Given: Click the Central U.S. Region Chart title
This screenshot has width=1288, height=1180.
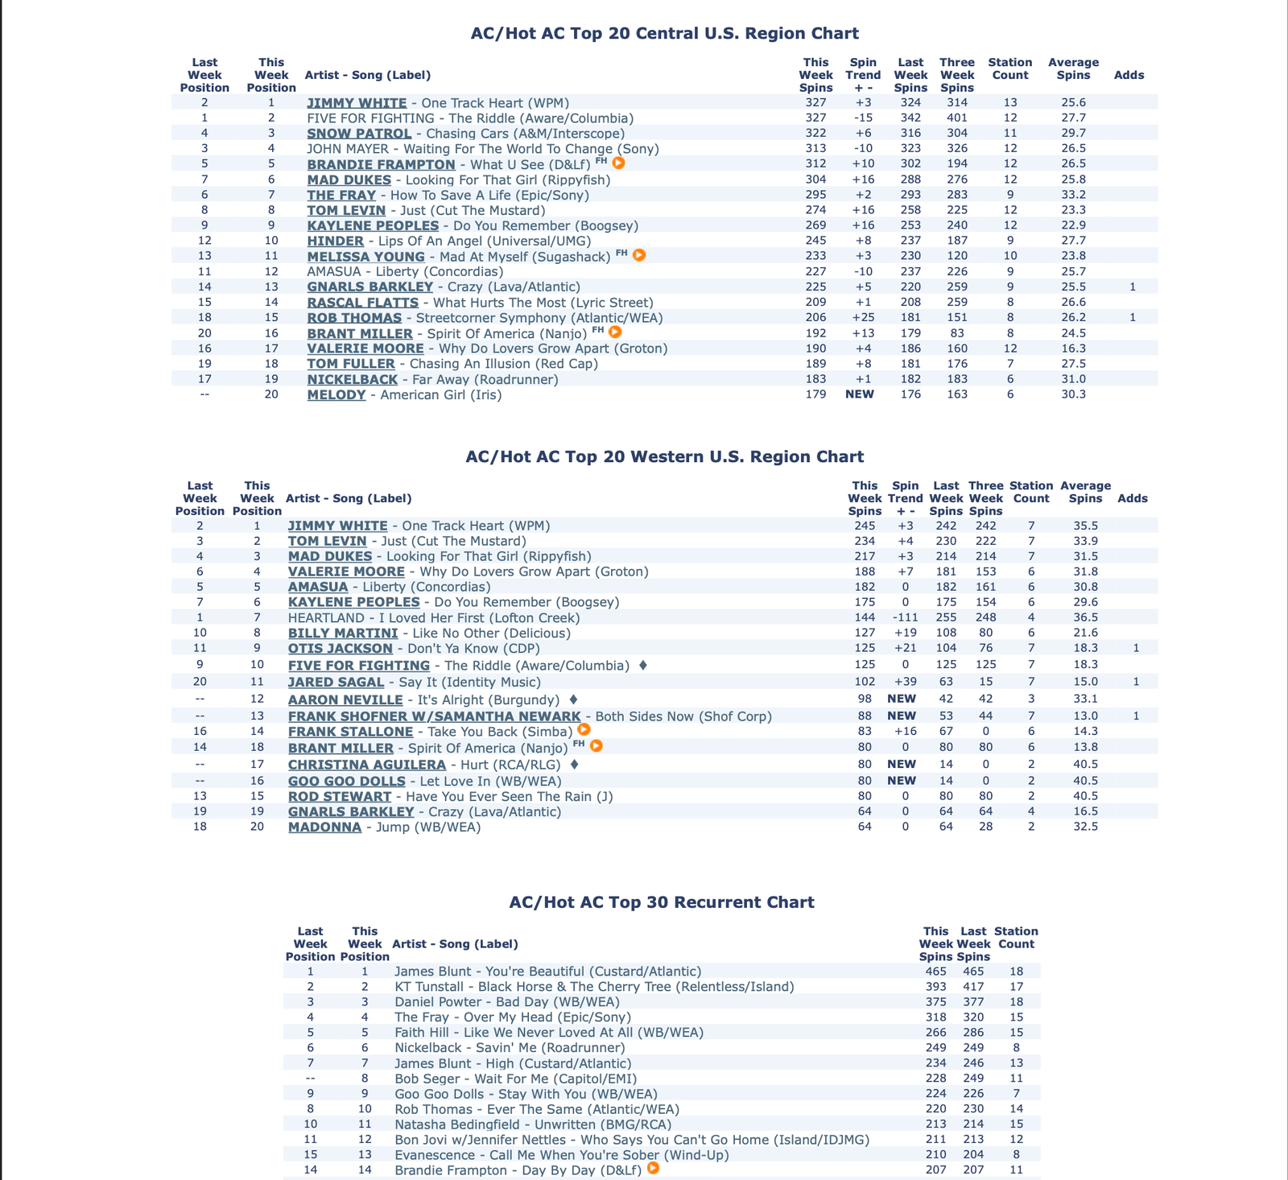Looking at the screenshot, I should tap(664, 34).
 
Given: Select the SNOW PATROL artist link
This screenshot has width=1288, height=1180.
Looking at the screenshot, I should tap(359, 134).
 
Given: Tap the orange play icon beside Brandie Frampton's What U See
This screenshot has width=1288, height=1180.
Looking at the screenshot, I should tap(619, 163).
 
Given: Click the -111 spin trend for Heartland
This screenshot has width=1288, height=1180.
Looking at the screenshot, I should tap(905, 618).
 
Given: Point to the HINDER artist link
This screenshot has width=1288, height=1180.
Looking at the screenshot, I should tap(335, 241).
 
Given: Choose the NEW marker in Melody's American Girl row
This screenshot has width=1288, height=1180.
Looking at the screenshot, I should tap(860, 394).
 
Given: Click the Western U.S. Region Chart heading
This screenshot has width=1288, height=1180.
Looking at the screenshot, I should tap(664, 457).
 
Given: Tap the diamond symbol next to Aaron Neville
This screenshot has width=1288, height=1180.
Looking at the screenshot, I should tap(573, 699).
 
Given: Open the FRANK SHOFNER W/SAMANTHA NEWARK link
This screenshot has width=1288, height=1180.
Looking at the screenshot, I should tap(434, 716).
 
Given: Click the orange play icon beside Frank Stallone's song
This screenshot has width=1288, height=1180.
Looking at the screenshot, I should tap(584, 730).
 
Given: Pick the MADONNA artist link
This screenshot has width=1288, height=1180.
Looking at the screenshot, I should tap(324, 827).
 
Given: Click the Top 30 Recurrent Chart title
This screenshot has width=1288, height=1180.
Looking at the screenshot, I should tap(662, 902).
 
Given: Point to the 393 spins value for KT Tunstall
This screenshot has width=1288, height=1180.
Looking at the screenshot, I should tap(935, 987).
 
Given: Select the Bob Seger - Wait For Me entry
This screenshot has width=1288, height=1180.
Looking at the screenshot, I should tap(515, 1079).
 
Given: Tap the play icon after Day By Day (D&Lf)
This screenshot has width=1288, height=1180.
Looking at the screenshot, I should tap(653, 1168).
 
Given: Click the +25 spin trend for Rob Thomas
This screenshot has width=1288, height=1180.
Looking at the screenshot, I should tap(862, 318).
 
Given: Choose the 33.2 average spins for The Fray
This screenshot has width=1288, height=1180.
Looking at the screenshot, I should tap(1073, 195).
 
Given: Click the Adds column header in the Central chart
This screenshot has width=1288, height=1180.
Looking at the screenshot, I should tap(1129, 75).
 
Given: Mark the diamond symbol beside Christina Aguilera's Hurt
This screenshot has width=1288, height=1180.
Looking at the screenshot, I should tap(574, 764).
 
